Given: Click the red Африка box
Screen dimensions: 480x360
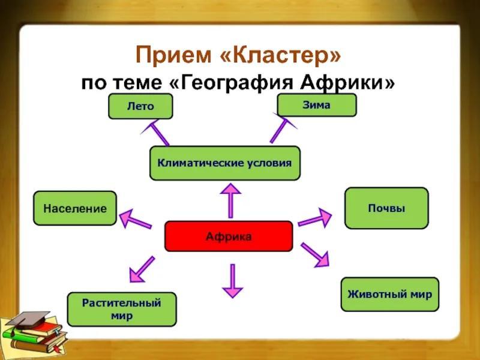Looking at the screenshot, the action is tap(229, 236).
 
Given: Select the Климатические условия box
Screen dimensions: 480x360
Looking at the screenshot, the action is tap(225, 163).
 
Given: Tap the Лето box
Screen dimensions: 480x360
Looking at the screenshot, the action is tap(140, 106).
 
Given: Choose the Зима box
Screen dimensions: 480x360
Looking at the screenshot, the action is tap(317, 105).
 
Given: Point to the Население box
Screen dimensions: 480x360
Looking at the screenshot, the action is tap(75, 208).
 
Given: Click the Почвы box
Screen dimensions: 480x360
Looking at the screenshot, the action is tap(386, 208).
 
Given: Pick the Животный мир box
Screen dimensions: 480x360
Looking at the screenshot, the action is tap(389, 294).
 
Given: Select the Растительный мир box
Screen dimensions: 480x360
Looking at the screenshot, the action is tap(122, 309).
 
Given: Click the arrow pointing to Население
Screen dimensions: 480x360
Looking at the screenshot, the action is tap(136, 219).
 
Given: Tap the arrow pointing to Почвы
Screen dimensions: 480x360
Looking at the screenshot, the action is tap(314, 218).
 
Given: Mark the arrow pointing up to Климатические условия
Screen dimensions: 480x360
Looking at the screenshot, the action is tap(230, 200).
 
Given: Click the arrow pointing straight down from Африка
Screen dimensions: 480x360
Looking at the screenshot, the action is tap(233, 281).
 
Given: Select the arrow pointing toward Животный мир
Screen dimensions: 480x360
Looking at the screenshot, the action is tap(316, 255).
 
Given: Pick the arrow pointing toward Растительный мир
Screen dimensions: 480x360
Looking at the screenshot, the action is tap(142, 269).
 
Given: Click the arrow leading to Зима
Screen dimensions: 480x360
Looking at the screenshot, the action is tap(283, 128).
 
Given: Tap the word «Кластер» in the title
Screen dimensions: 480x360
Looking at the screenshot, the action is tap(280, 55).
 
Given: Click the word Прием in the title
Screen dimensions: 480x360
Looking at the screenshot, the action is tap(173, 55).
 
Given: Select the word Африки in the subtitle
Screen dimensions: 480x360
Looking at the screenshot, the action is tap(347, 83).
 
